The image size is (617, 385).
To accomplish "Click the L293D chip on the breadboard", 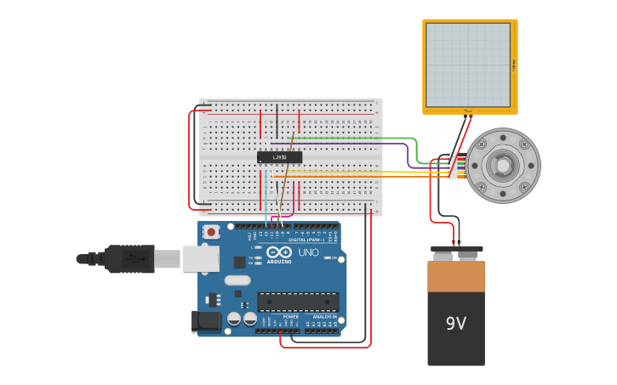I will tap(279, 157).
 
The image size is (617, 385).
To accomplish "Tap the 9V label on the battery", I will tap(456, 324).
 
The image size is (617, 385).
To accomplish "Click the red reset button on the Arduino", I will tap(210, 231).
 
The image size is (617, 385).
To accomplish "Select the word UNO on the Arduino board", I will tap(308, 252).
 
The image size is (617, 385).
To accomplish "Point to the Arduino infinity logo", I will tap(279, 252).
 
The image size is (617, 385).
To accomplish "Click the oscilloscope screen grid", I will tap(468, 65).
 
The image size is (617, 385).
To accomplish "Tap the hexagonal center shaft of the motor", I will tap(502, 166).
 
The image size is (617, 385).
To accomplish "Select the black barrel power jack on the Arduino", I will tap(206, 320).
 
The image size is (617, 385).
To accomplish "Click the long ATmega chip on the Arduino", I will tap(298, 301).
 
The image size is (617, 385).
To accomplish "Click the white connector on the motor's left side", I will tap(451, 166).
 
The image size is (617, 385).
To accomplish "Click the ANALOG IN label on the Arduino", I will tap(323, 317).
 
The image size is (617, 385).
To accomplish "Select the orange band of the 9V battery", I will tap(456, 276).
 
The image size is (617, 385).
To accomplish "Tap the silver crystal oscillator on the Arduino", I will tap(237, 280).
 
